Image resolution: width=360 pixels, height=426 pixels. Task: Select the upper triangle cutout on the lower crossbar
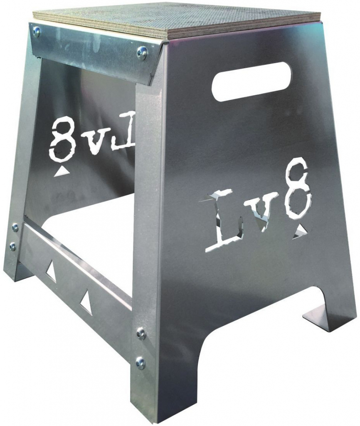coord(51,270)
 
